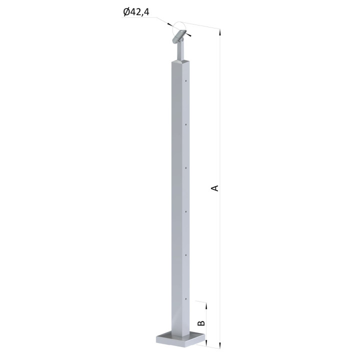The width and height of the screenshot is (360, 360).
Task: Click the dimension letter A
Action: point(214,188)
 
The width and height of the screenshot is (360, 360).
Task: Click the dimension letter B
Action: point(201,323)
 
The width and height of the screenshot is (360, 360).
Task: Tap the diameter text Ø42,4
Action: point(136,12)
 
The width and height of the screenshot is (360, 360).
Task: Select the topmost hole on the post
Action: point(186,81)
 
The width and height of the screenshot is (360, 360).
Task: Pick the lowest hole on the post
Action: point(186,298)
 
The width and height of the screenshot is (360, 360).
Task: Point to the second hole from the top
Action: point(186,124)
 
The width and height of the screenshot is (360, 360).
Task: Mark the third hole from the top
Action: point(186,168)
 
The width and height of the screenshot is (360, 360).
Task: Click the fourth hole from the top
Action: point(186,211)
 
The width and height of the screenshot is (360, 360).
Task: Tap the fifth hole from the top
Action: point(186,255)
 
